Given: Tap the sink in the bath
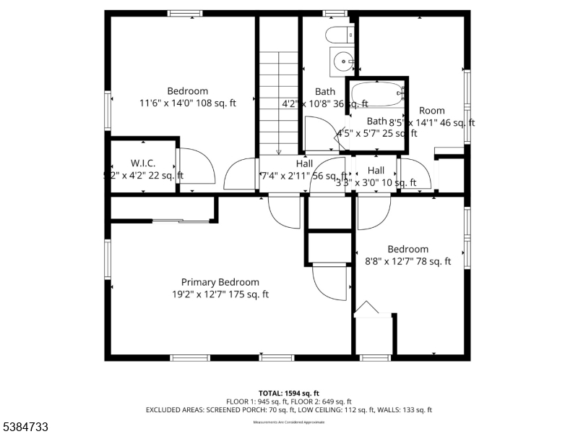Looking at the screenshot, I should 342,61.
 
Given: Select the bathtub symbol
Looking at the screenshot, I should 376,95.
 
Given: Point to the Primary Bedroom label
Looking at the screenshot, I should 220,282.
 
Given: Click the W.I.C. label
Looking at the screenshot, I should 143,163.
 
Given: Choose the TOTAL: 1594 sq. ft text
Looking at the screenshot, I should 288,393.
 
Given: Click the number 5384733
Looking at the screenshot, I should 25,427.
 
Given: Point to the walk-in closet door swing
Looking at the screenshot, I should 197,166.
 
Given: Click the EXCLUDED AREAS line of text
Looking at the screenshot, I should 288,410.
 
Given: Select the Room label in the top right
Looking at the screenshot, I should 432,111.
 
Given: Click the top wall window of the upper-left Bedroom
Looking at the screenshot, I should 185,13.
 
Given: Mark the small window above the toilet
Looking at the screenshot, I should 335,13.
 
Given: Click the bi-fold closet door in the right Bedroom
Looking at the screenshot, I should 366,310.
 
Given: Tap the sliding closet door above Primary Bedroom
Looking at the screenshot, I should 181,221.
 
